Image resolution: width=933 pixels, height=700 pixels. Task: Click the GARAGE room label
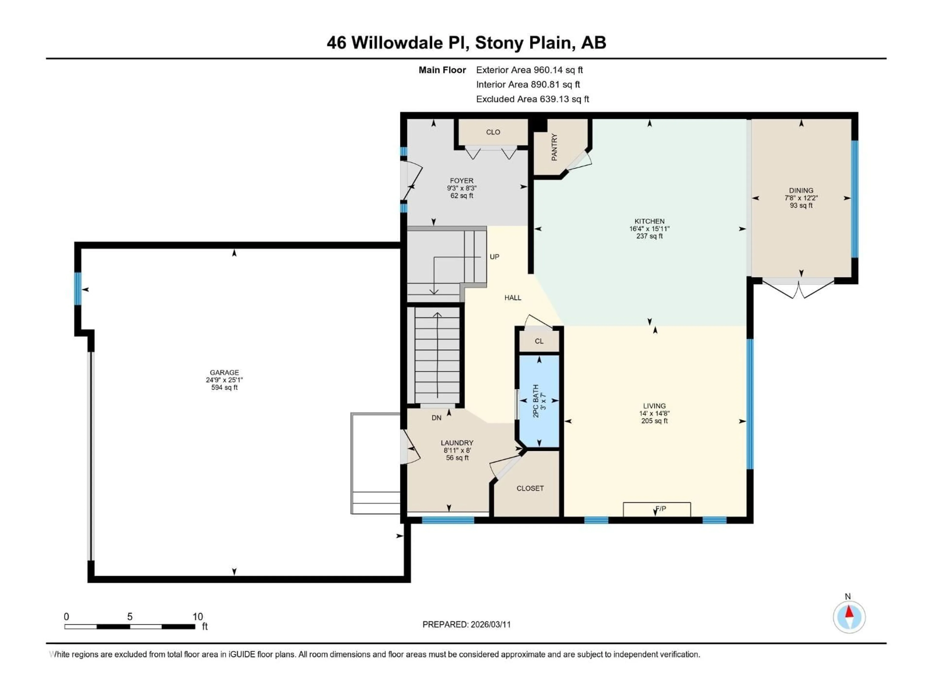coord(225,373)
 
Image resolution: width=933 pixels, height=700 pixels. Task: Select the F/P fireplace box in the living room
coord(657,509)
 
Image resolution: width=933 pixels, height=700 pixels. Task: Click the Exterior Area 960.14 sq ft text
coord(529,70)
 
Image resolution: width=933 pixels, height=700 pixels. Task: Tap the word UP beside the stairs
coord(494,256)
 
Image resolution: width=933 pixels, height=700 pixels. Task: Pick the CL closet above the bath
coord(539,341)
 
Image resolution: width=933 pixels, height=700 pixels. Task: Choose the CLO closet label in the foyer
coord(493,132)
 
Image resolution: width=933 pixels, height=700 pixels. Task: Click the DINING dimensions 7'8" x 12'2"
coord(801,198)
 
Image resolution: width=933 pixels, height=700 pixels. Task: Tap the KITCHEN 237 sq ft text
coord(649,236)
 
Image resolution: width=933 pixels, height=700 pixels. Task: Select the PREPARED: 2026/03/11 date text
coord(466,624)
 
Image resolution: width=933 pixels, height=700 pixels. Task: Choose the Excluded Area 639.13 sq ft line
coord(532,99)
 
